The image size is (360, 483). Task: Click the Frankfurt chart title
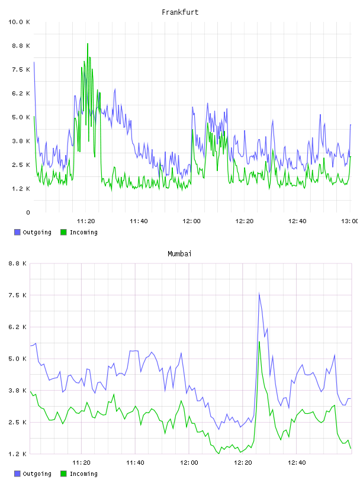pyautogui.click(x=180, y=12)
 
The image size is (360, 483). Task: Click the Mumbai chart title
pyautogui.click(x=179, y=254)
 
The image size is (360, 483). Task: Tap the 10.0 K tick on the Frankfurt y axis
pyautogui.click(x=19, y=22)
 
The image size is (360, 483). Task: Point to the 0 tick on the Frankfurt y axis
pyautogui.click(x=28, y=212)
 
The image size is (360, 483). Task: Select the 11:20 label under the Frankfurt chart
pyautogui.click(x=86, y=221)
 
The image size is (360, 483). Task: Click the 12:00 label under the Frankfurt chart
pyautogui.click(x=191, y=221)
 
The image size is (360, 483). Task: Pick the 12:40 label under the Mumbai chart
pyautogui.click(x=297, y=462)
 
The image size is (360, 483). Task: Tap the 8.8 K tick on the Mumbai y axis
pyautogui.click(x=17, y=263)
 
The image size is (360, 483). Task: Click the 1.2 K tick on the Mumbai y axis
pyautogui.click(x=17, y=454)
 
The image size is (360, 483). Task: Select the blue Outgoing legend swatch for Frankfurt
pyautogui.click(x=17, y=232)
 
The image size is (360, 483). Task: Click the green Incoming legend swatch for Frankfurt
pyautogui.click(x=63, y=232)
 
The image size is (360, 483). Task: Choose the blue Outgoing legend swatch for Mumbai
pyautogui.click(x=17, y=474)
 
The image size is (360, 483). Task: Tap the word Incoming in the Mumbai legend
pyautogui.click(x=83, y=474)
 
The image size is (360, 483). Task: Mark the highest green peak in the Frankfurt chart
pyautogui.click(x=88, y=44)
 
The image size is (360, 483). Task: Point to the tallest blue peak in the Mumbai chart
pyautogui.click(x=259, y=294)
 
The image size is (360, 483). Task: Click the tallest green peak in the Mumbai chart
pyautogui.click(x=259, y=342)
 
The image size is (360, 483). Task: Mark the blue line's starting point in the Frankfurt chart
pyautogui.click(x=34, y=62)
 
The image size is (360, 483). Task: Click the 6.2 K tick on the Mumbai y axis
pyautogui.click(x=17, y=327)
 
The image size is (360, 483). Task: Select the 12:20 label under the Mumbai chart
pyautogui.click(x=243, y=462)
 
